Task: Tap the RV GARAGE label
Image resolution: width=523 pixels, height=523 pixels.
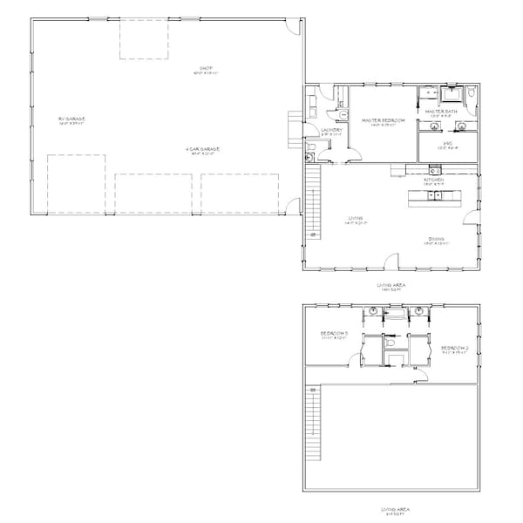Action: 71,119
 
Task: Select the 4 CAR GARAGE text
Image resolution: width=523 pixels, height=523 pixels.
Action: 202,149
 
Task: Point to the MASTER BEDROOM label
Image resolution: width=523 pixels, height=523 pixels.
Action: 384,120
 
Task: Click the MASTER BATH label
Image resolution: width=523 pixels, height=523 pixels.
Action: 442,112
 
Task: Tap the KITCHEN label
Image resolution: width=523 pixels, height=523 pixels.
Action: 434,180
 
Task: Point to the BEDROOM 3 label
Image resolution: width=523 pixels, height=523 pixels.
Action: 335,334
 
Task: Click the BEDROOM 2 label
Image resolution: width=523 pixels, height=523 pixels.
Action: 455,348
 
